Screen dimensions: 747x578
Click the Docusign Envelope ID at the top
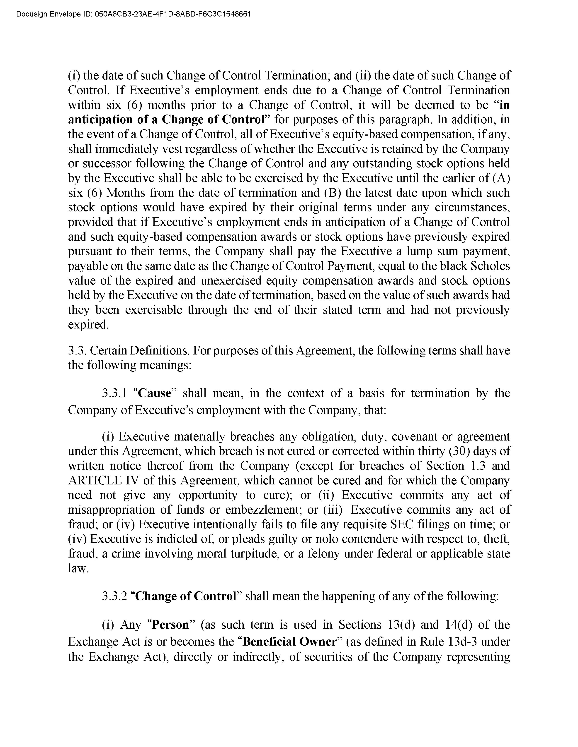133,14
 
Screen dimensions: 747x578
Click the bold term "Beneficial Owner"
290,641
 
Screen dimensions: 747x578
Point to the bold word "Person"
170,625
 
